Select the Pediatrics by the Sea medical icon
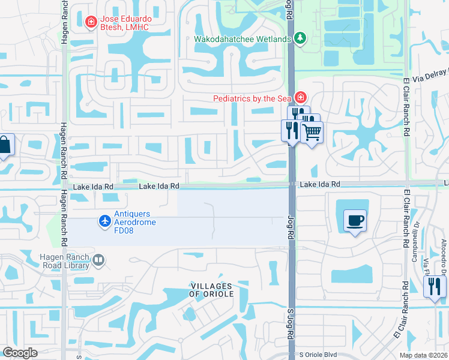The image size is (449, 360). coord(300,98)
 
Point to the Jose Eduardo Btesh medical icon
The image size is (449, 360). coord(91,23)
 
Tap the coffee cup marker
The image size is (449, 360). coord(354,220)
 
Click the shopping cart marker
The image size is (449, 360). coord(312,131)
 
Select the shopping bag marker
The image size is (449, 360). coord(4,146)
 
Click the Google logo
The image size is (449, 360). coord(20,353)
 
